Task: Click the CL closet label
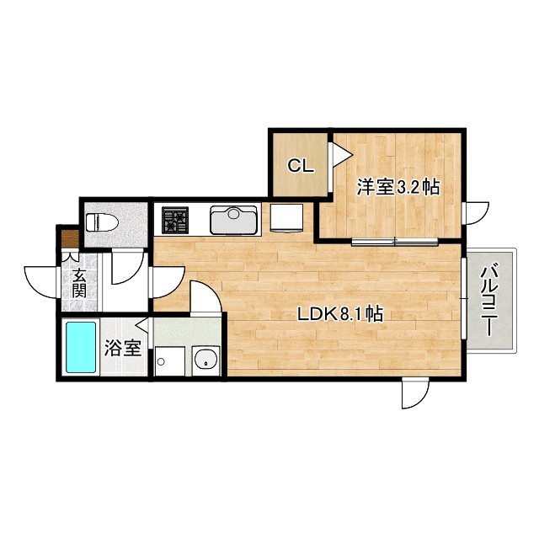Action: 301,166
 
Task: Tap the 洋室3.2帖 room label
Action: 398,187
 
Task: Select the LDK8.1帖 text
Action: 340,314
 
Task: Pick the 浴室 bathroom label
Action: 123,348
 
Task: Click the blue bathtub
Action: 81,347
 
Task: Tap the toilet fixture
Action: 102,222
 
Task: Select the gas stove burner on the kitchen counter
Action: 175,221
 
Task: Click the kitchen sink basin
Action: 234,220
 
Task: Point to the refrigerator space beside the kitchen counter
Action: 286,217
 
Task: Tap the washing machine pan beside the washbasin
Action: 170,361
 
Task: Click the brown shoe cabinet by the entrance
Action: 70,238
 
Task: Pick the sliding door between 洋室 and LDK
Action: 395,242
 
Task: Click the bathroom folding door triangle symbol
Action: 142,325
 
